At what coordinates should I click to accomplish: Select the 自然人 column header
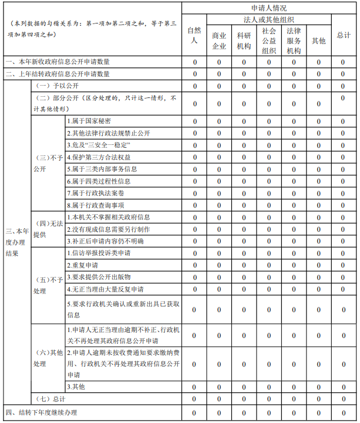(194, 35)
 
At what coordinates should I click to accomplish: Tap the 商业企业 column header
(219, 40)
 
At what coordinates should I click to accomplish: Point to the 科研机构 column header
(244, 40)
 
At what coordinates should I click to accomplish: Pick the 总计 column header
(344, 35)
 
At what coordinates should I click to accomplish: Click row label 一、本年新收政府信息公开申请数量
(58, 62)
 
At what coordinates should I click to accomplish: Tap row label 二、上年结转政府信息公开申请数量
(58, 75)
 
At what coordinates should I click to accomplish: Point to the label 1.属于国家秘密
(88, 121)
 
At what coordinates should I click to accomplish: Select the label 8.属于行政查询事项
(95, 205)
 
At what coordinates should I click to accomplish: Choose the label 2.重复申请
(82, 265)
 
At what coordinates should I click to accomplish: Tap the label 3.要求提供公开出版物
(98, 277)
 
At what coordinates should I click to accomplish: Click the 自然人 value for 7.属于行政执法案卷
(194, 193)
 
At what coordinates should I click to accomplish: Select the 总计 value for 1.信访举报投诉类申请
(344, 253)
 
